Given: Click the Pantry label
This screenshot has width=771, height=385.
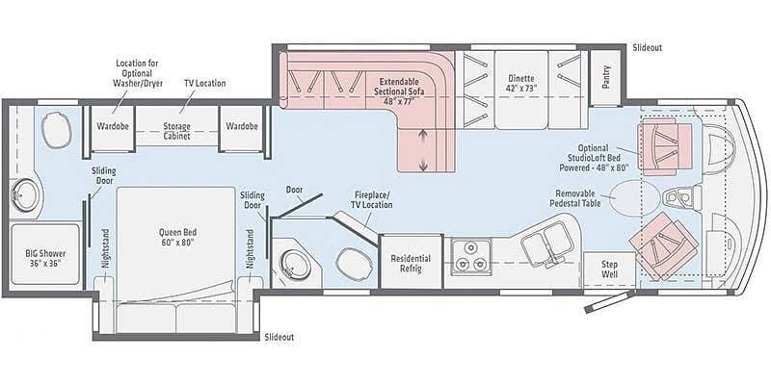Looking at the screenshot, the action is tap(606, 77).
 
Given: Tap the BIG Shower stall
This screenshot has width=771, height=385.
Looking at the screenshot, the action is tap(45, 254).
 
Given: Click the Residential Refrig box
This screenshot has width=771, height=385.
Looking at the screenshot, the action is tap(412, 262).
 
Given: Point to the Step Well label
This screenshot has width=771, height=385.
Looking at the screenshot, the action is tap(609, 269).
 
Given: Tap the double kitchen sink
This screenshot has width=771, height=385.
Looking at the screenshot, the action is tap(546, 243).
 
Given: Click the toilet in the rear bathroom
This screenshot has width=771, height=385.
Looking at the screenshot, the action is tap(57, 130).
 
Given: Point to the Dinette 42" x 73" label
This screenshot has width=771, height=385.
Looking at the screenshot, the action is tap(521, 83).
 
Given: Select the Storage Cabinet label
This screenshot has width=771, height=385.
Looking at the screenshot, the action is tap(176, 131).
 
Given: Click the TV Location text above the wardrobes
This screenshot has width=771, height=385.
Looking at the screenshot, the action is tap(205, 83).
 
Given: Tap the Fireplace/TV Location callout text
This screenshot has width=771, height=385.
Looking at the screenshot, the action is tap(372, 199).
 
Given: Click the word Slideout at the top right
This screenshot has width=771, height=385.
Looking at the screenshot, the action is tap(648, 47).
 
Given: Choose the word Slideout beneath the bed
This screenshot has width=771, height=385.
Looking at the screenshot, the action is tap(279, 338).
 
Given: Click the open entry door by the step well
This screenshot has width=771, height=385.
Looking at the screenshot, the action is tap(608, 301).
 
